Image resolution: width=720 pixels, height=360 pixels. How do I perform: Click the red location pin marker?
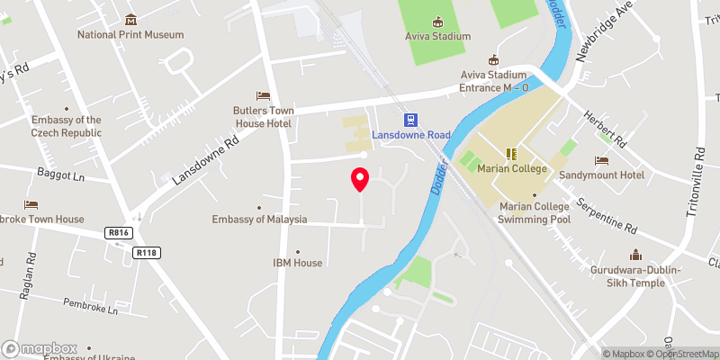pyautogui.click(x=360, y=179)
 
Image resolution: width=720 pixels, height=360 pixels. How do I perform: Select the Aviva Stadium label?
pyautogui.click(x=437, y=36)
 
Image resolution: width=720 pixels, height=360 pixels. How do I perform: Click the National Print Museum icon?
pyautogui.click(x=130, y=20)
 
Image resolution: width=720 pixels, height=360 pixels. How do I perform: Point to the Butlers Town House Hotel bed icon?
pyautogui.click(x=263, y=95)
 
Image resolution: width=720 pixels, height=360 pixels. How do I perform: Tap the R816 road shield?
pyautogui.click(x=117, y=233)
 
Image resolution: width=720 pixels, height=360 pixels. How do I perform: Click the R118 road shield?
pyautogui.click(x=147, y=253)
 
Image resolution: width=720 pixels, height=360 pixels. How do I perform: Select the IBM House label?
pyautogui.click(x=297, y=263)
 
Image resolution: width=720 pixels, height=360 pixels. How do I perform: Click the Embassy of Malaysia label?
pyautogui.click(x=260, y=220)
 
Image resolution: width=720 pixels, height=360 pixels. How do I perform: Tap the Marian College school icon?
pyautogui.click(x=510, y=155)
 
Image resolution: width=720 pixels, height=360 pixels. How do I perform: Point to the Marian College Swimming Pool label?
pyautogui.click(x=535, y=211)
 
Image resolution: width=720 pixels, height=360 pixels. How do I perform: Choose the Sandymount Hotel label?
pyautogui.click(x=601, y=175)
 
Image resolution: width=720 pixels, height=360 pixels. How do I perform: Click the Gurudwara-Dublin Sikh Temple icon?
pyautogui.click(x=634, y=255)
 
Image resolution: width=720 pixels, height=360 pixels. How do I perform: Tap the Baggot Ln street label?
pyautogui.click(x=59, y=171)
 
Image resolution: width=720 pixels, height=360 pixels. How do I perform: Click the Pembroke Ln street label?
pyautogui.click(x=91, y=308)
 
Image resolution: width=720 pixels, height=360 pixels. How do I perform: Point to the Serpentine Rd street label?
pyautogui.click(x=607, y=215)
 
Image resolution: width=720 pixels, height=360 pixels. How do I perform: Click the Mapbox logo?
pyautogui.click(x=40, y=348)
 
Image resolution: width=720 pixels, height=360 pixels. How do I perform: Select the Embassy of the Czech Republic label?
pyautogui.click(x=67, y=126)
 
